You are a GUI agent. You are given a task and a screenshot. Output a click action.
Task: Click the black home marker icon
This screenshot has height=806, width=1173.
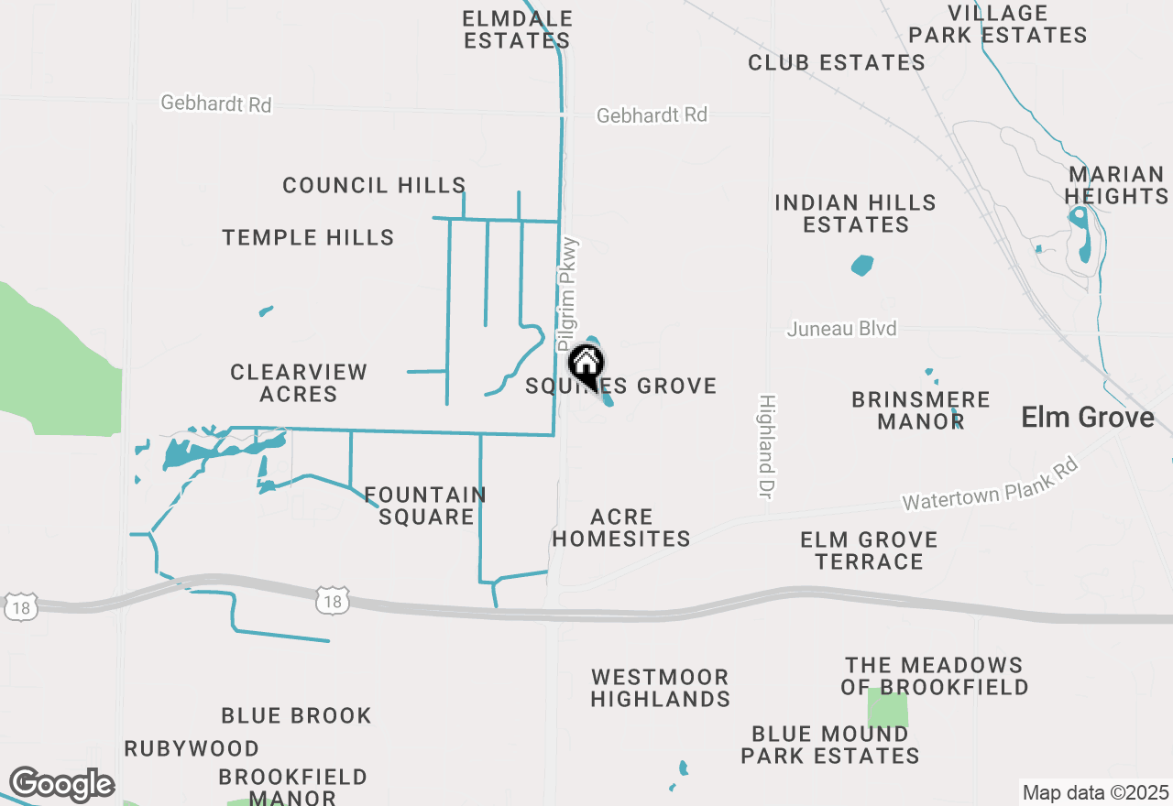click(x=586, y=365)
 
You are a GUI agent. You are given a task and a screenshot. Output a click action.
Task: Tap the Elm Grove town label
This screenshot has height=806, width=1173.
click(x=1088, y=418)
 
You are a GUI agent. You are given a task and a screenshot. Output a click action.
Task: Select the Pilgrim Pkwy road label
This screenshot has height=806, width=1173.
click(x=569, y=293)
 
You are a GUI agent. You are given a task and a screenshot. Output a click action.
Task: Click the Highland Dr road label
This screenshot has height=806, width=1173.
click(x=766, y=446)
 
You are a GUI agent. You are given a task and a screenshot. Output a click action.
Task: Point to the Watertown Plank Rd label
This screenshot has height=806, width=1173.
click(x=990, y=485)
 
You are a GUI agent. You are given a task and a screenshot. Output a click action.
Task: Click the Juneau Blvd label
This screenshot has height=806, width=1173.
click(x=841, y=328)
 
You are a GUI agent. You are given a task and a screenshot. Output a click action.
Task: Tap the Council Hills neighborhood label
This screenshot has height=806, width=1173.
click(x=374, y=185)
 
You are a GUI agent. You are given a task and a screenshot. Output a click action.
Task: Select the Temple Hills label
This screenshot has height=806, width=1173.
click(x=308, y=237)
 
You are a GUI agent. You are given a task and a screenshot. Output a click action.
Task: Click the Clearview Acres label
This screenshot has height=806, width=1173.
click(x=299, y=383)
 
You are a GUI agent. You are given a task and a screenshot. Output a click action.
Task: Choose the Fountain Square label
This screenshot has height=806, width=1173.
click(x=425, y=506)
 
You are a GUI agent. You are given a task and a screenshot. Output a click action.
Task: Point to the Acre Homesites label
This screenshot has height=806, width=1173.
click(x=621, y=528)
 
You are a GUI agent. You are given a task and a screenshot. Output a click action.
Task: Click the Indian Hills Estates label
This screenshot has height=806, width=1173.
click(x=855, y=213)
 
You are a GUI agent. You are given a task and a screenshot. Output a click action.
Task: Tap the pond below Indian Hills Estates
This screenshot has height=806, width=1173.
click(x=862, y=266)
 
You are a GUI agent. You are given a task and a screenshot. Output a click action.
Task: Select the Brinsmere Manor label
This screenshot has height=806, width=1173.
click(x=920, y=410)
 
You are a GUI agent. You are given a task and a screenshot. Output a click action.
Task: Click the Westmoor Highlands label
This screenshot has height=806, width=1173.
click(x=660, y=688)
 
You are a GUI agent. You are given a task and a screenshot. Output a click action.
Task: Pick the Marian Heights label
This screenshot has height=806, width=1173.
click(x=1116, y=185)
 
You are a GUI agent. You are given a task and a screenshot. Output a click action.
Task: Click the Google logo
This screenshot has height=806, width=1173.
click(x=61, y=784)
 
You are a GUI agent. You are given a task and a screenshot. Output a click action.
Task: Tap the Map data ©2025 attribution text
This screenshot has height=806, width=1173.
click(x=1095, y=792)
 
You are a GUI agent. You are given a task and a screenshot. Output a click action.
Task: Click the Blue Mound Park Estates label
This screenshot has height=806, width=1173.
click(x=830, y=745)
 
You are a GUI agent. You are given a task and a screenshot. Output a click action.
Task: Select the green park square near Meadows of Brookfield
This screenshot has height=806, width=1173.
click(x=887, y=708)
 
